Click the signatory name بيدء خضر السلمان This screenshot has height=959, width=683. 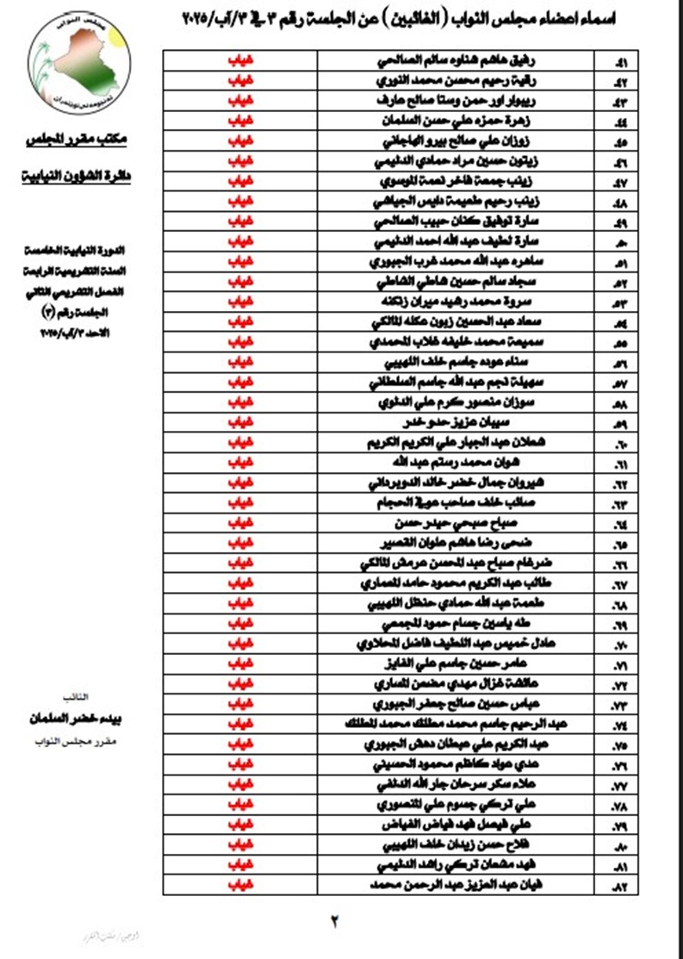[80, 719]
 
